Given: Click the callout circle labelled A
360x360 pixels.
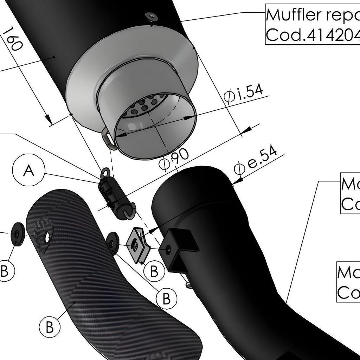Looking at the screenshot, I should point(29,171).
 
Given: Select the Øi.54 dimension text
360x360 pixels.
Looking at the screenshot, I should point(243,94).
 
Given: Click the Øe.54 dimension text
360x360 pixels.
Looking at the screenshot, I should point(256,160).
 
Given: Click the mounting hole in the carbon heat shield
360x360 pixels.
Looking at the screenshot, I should point(46,238).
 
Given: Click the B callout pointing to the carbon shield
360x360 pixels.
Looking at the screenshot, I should point(50,327).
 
